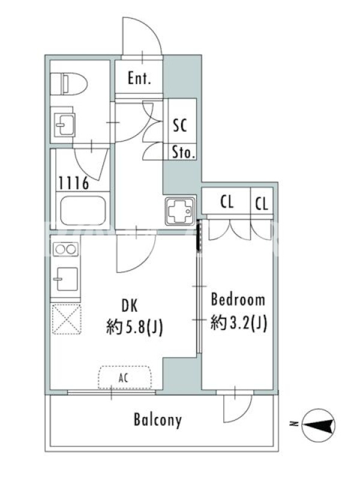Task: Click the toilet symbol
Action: point(69,83)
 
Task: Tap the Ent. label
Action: point(139,78)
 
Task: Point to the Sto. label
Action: point(183,152)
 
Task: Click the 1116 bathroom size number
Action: point(73,184)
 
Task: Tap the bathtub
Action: point(83,211)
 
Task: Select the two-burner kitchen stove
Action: point(65,250)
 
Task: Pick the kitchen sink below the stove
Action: point(65,278)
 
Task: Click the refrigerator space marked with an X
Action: point(67,319)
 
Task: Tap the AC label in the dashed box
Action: point(124,379)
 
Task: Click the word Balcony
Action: point(158,420)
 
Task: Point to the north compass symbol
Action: point(318,425)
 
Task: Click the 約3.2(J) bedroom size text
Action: point(239,323)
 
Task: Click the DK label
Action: point(130,305)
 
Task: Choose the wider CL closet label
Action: point(227,202)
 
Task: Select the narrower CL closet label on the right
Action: point(262,203)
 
